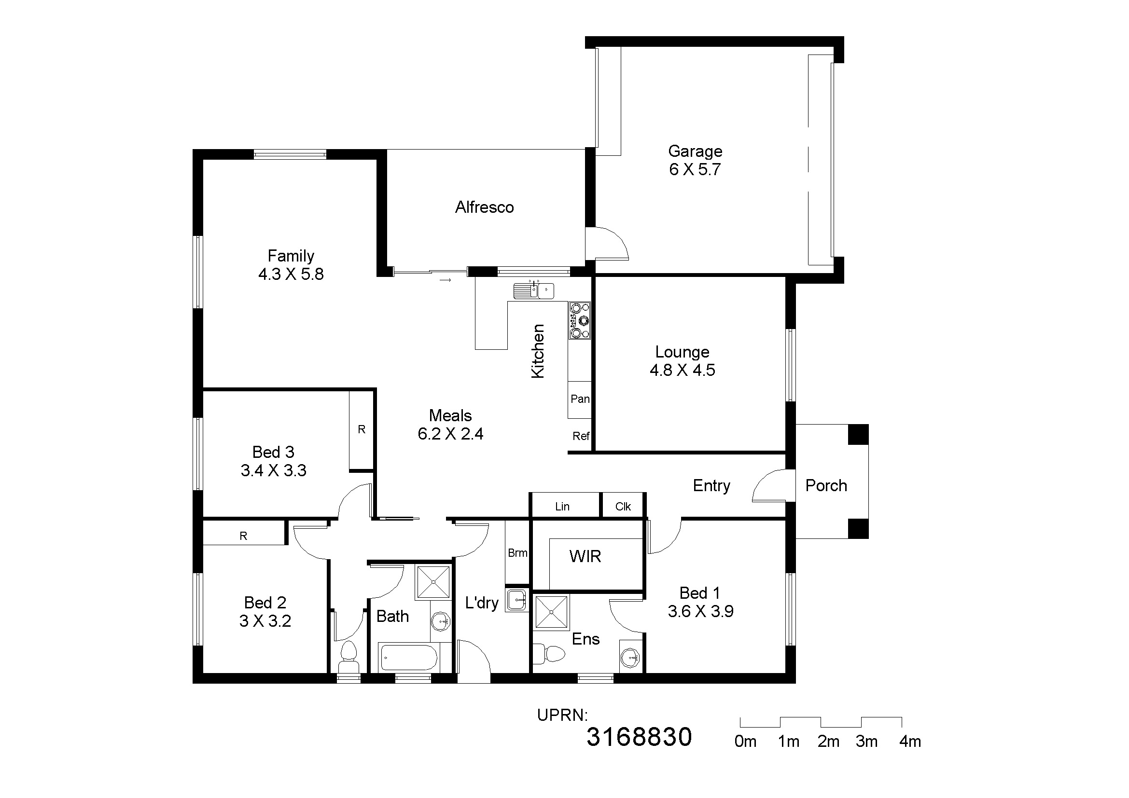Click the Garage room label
pyautogui.click(x=695, y=151)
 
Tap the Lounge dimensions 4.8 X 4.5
pyautogui.click(x=682, y=370)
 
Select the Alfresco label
pyautogui.click(x=484, y=207)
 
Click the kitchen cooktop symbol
pyautogui.click(x=580, y=320)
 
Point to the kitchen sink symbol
pyautogui.click(x=534, y=290)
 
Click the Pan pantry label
pyautogui.click(x=580, y=399)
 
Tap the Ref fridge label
pyautogui.click(x=581, y=436)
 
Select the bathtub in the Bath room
pyautogui.click(x=409, y=658)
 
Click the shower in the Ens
pyautogui.click(x=551, y=612)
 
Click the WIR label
pyautogui.click(x=585, y=556)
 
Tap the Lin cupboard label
pyautogui.click(x=562, y=507)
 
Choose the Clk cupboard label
pyautogui.click(x=623, y=507)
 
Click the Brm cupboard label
pyautogui.click(x=517, y=553)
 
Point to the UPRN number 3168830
pyautogui.click(x=639, y=737)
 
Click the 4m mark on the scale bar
pyautogui.click(x=910, y=742)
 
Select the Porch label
pyautogui.click(x=826, y=485)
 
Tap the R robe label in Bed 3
pyautogui.click(x=362, y=429)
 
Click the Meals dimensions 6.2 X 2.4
pyautogui.click(x=450, y=434)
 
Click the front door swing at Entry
pyautogui.click(x=772, y=486)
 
